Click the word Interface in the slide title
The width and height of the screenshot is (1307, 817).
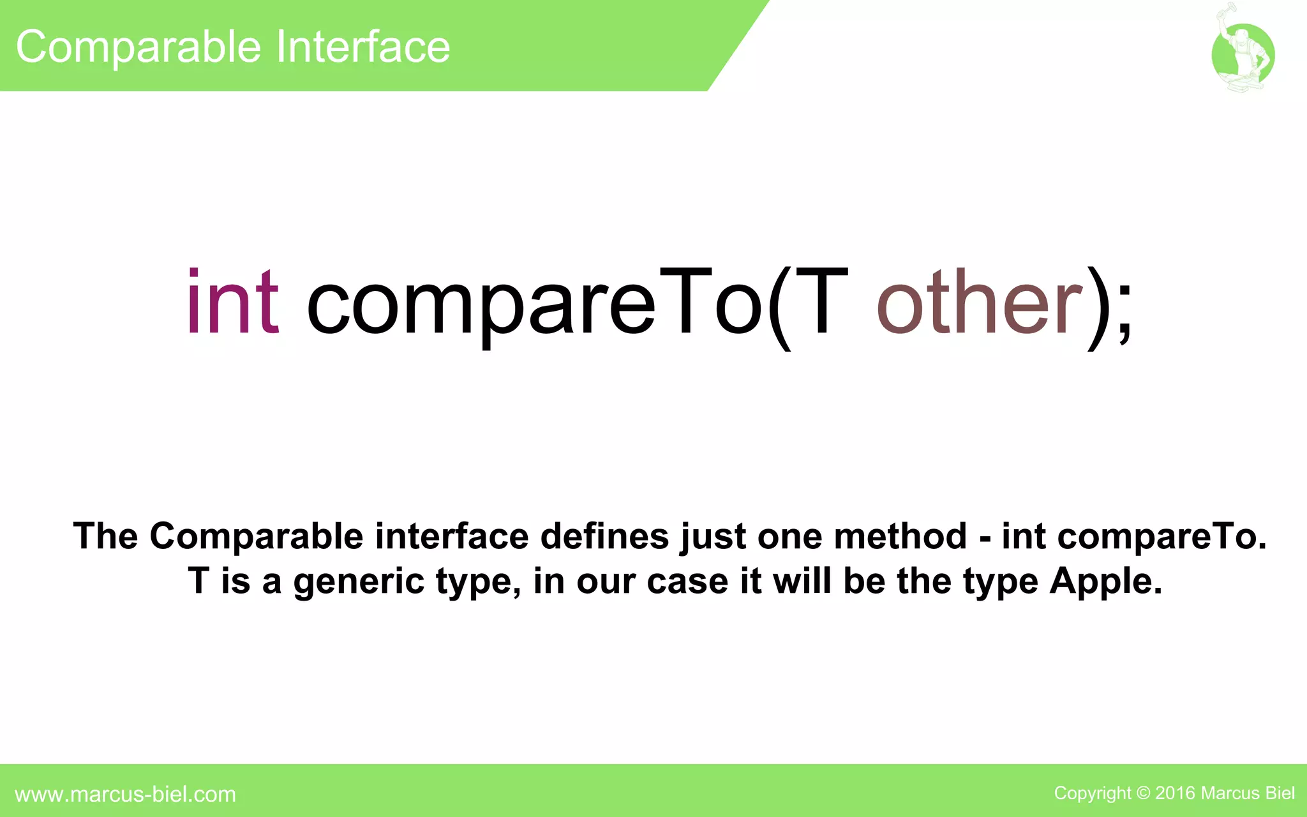tap(363, 47)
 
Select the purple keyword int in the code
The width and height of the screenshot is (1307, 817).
tap(233, 303)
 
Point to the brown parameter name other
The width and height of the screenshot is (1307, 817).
tap(980, 303)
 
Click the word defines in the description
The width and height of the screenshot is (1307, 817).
tap(604, 536)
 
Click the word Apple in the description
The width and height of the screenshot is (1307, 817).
tap(1105, 581)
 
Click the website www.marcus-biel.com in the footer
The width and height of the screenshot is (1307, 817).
tap(125, 794)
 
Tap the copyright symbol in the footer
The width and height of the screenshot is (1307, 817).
tap(1143, 793)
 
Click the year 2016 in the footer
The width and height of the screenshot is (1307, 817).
tap(1175, 793)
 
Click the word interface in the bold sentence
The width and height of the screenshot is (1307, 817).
tap(452, 536)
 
